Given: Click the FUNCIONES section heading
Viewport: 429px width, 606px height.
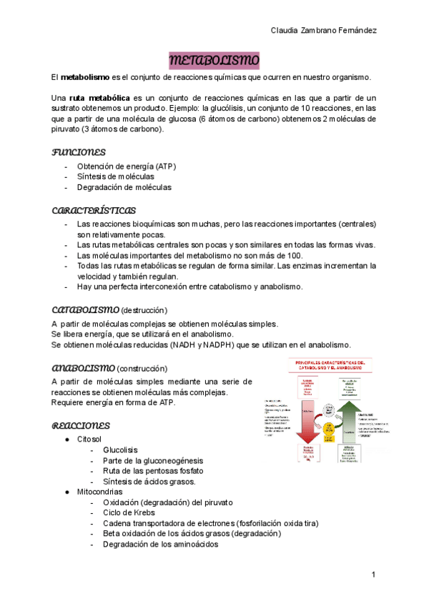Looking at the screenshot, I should [79, 152].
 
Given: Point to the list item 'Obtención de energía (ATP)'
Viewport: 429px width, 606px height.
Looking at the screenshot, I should [126, 166].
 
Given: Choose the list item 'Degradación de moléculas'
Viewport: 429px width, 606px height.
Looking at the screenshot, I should [124, 187].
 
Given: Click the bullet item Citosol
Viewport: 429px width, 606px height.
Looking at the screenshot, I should [89, 438].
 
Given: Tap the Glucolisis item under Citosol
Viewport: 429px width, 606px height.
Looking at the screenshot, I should [120, 449].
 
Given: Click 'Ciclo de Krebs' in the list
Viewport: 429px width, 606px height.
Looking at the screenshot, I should [132, 512].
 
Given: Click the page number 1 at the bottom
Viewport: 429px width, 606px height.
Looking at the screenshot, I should [373, 575].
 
